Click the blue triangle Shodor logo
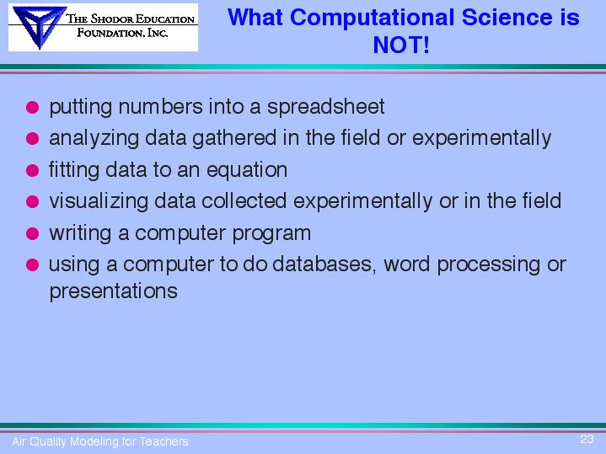pyautogui.click(x=39, y=27)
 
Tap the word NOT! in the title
pyautogui.click(x=401, y=45)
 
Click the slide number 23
pyautogui.click(x=587, y=439)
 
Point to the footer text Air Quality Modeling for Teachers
pyautogui.click(x=100, y=441)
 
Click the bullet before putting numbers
pyautogui.click(x=33, y=107)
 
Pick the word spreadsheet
pyautogui.click(x=326, y=107)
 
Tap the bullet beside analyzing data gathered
pyautogui.click(x=33, y=138)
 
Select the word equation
pyautogui.click(x=247, y=170)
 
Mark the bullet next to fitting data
pyautogui.click(x=33, y=170)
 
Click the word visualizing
pyautogui.click(x=99, y=201)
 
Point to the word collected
pyautogui.click(x=244, y=201)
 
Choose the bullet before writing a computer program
pyautogui.click(x=33, y=233)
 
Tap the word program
pyautogui.click(x=271, y=234)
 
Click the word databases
pyautogui.click(x=324, y=264)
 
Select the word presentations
pyautogui.click(x=114, y=291)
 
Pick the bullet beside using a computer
pyautogui.click(x=33, y=264)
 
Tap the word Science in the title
pyautogui.click(x=507, y=18)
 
